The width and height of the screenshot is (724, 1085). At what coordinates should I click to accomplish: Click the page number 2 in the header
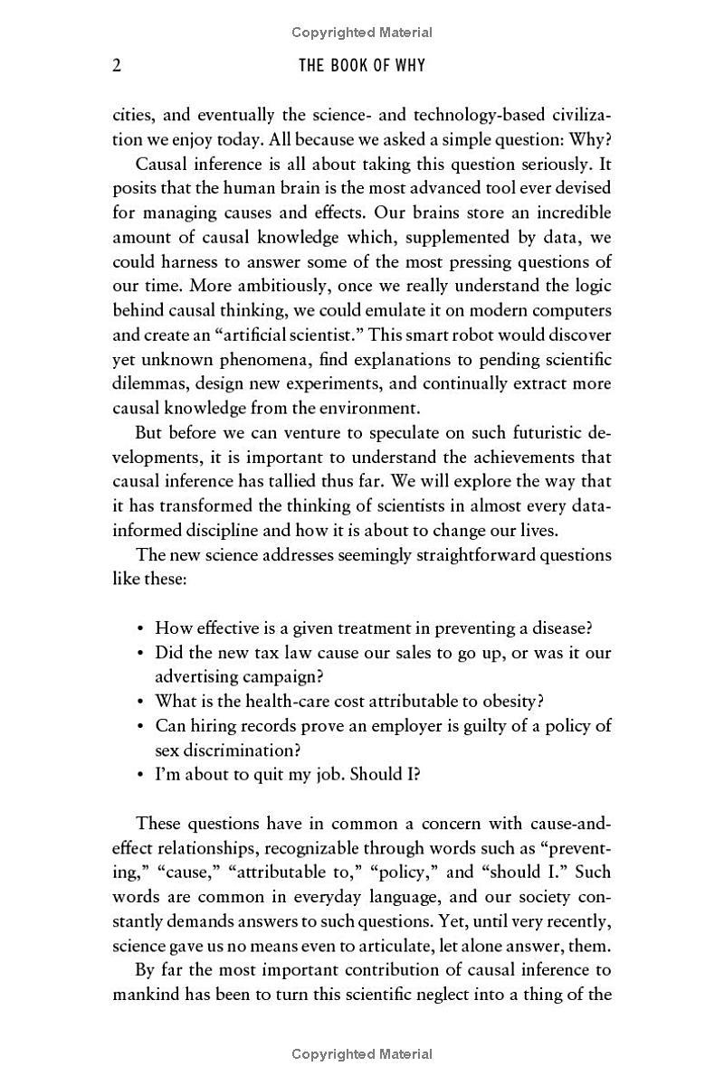tap(117, 66)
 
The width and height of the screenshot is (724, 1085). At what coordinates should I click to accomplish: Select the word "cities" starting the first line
tap(135, 116)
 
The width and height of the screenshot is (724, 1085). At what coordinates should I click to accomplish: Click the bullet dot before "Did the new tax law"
tap(140, 653)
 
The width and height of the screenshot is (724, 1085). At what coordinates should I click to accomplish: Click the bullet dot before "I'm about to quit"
tap(140, 775)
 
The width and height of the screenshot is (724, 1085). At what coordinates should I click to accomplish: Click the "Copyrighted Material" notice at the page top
tap(362, 33)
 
